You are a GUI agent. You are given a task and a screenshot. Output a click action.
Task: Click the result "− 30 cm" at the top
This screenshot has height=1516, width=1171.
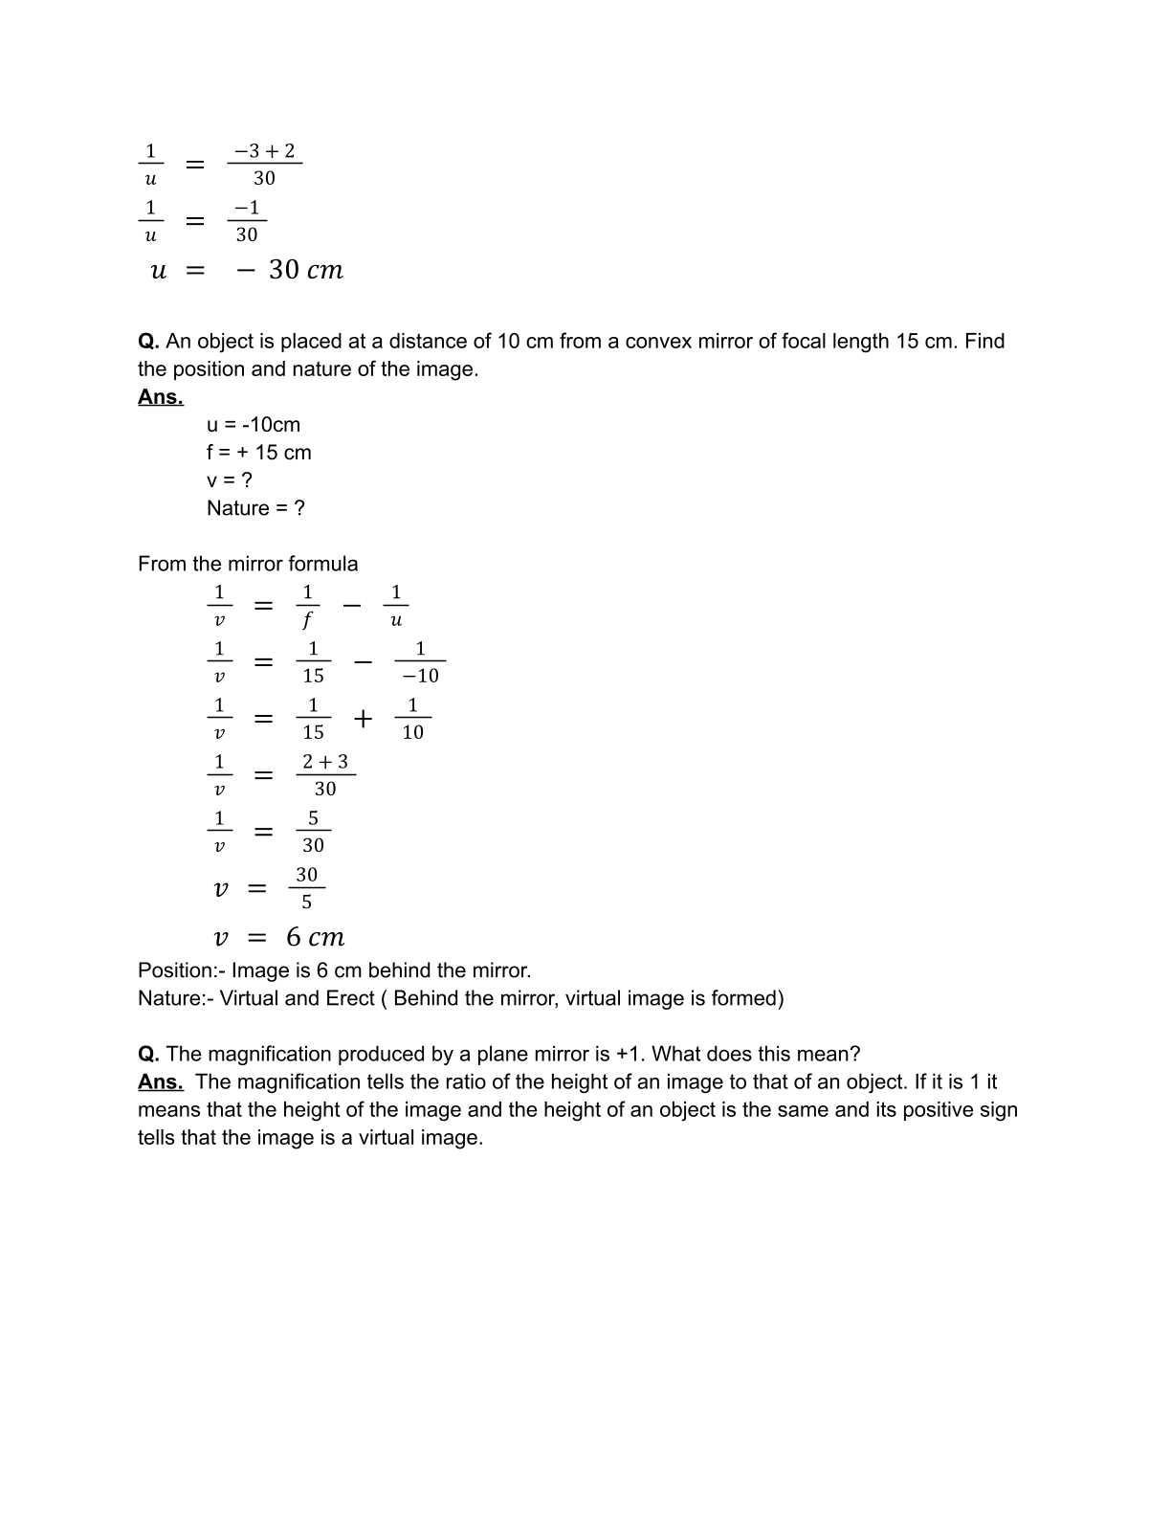point(290,270)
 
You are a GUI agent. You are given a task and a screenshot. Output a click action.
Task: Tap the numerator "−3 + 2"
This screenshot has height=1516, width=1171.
point(264,151)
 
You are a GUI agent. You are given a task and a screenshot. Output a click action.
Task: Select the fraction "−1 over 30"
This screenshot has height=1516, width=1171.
point(247,221)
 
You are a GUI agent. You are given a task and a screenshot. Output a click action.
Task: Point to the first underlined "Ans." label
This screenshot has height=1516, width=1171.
point(160,397)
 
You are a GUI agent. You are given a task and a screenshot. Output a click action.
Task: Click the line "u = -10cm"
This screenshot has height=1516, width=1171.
point(254,425)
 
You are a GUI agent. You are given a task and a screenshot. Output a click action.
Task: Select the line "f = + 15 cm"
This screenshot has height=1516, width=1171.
point(258,453)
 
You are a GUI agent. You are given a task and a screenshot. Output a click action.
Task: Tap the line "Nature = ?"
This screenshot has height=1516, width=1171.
point(255,508)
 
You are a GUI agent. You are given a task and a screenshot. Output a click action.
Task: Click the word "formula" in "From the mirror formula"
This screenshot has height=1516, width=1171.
point(322,564)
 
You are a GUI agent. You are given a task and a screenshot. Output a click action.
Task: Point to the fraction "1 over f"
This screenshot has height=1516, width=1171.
point(307,606)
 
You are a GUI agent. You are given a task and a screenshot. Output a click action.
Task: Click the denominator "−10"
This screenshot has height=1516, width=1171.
point(420,676)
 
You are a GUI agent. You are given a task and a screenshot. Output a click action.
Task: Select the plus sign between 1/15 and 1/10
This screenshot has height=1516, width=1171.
point(363,718)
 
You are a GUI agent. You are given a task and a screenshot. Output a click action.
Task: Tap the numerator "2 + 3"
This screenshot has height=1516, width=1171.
point(325,762)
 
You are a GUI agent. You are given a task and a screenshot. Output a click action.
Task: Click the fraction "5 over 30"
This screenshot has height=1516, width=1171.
point(313,832)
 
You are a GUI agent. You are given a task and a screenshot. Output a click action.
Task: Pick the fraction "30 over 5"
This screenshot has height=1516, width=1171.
point(306,888)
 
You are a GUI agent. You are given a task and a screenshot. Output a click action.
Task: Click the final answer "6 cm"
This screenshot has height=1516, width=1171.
point(315,938)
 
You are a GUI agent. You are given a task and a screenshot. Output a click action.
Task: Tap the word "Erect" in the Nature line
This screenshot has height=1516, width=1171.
point(350,998)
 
